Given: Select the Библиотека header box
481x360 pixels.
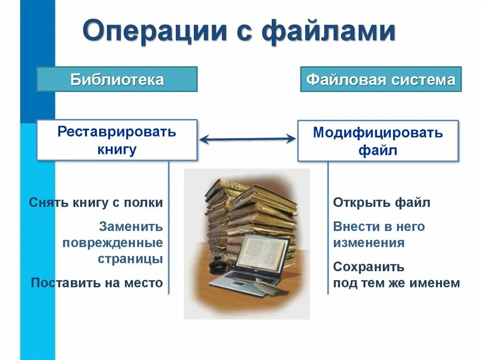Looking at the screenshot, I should [x=117, y=79].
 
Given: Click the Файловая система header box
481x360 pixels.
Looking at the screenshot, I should [x=380, y=79].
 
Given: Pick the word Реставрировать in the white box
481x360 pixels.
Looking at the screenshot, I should [x=117, y=131].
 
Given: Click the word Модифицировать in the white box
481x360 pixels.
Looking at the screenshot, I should [x=378, y=133].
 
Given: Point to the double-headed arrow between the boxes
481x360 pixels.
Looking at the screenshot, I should [x=247, y=139].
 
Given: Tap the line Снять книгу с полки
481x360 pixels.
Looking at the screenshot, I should [x=96, y=203].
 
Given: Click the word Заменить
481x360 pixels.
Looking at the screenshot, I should [x=131, y=227].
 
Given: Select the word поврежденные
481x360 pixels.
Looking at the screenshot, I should [x=113, y=243].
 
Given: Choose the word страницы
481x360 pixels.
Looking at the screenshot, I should [x=130, y=259].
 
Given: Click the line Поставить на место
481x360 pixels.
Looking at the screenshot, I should [x=97, y=283].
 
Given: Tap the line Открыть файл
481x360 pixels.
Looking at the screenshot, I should [x=381, y=203].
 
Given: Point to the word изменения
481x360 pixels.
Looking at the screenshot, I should [x=369, y=243].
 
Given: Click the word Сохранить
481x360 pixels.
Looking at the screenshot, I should [x=369, y=267].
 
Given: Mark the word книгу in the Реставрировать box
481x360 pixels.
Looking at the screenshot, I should [x=117, y=150].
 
